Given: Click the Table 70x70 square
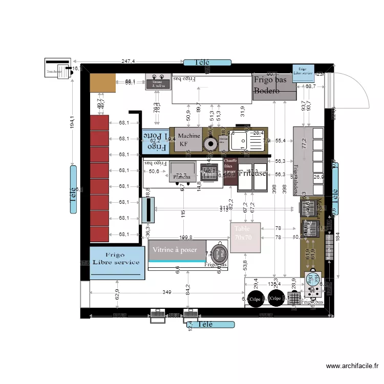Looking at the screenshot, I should pyautogui.click(x=245, y=238).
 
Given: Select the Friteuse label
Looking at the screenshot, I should pyautogui.click(x=252, y=174).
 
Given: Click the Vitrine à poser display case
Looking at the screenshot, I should pyautogui.click(x=177, y=250).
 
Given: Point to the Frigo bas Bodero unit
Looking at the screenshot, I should pyautogui.click(x=274, y=88).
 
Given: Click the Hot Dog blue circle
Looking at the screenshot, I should pyautogui.click(x=311, y=279).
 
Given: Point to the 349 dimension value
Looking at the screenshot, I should pyautogui.click(x=167, y=292).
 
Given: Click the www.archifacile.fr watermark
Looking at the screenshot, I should pyautogui.click(x=352, y=366).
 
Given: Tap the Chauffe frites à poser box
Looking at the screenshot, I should pyautogui.click(x=230, y=171).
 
